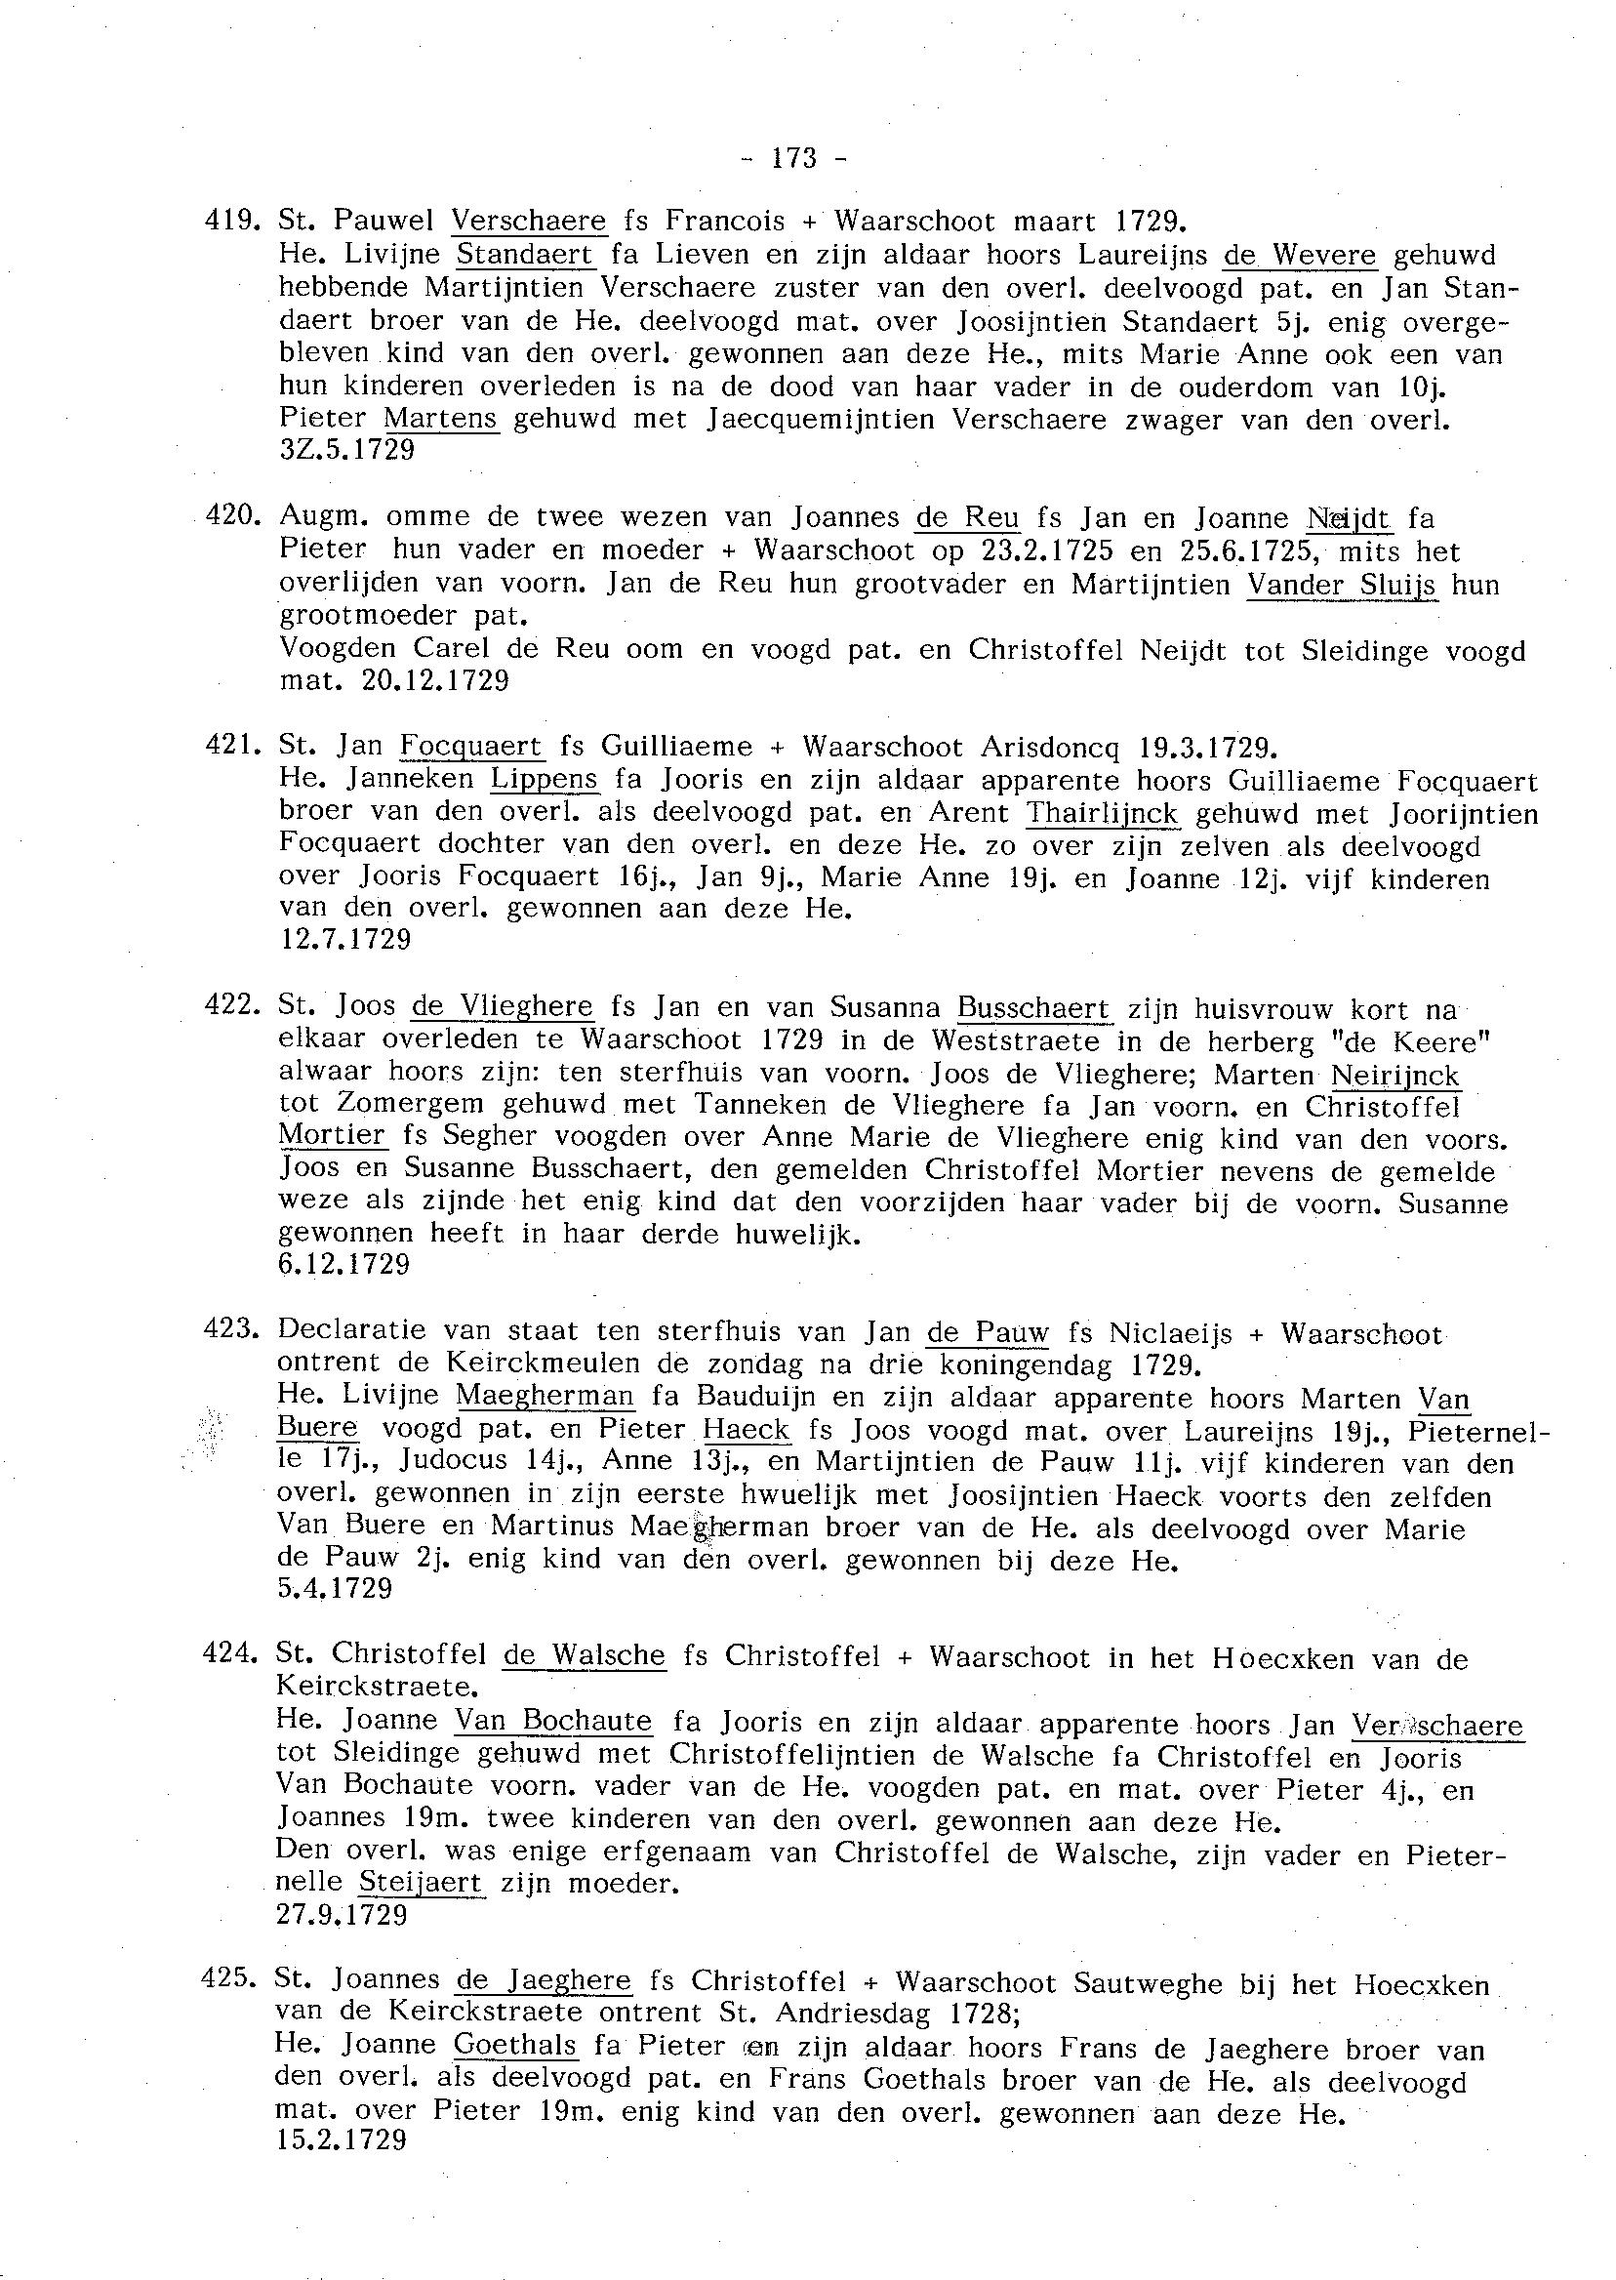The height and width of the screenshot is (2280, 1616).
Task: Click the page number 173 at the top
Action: pos(793,158)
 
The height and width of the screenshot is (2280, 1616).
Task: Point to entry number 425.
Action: pos(228,1981)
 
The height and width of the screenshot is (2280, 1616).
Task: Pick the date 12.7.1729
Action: pos(345,939)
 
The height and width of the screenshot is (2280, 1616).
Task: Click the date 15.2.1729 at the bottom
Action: pos(342,2140)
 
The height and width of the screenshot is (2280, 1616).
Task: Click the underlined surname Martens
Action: pos(441,419)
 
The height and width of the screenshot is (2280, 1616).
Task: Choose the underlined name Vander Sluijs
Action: pos(1342,585)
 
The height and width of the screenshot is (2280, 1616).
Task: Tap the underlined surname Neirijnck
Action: pos(1394,1075)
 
